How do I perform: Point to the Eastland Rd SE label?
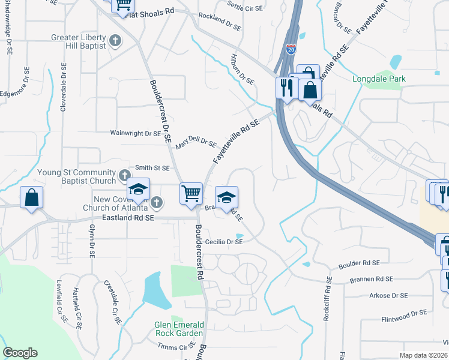pyautogui.click(x=128, y=218)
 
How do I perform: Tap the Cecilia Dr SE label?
pyautogui.click(x=224, y=242)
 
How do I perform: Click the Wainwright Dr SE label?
pyautogui.click(x=135, y=133)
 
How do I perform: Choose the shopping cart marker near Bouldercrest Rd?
pyautogui.click(x=191, y=193)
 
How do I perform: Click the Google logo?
pyautogui.click(x=20, y=353)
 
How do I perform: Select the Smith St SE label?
pyautogui.click(x=152, y=169)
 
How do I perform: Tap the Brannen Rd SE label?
pyautogui.click(x=372, y=279)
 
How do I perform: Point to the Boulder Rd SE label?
pyautogui.click(x=359, y=263)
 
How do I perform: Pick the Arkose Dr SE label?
pyautogui.click(x=388, y=295)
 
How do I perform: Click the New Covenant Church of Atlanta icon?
pyautogui.click(x=157, y=202)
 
